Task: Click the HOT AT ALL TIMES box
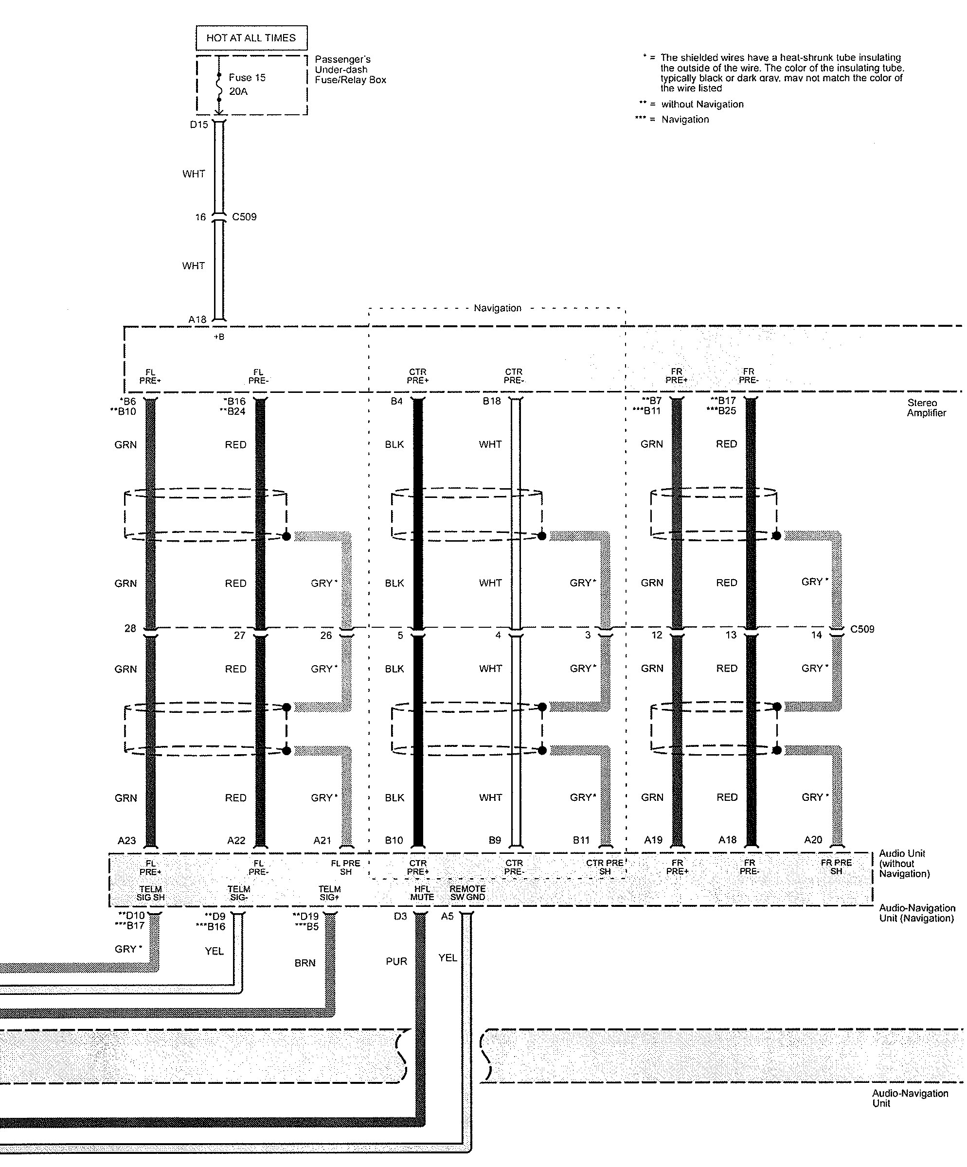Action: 251,38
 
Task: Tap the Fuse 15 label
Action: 247,78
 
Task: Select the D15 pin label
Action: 199,124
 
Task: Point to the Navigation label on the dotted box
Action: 498,308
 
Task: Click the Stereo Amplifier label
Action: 925,408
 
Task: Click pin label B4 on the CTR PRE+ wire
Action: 396,401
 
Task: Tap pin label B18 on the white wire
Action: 491,401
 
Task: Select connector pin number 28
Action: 130,629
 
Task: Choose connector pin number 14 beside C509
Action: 816,635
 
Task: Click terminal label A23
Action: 126,840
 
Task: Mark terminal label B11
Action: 581,840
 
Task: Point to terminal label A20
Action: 813,840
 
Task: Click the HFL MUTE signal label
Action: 422,893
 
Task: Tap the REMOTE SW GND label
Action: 467,893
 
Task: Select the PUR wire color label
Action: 396,961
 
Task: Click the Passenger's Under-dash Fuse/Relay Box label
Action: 350,70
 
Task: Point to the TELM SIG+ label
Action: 329,893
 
